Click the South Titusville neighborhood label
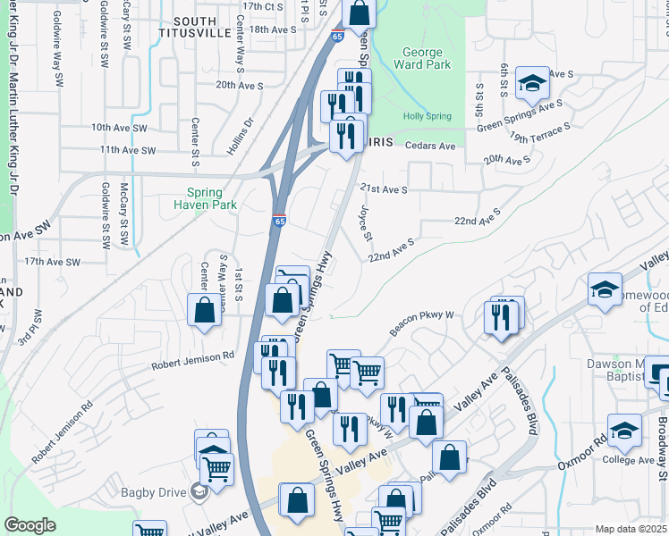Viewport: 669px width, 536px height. [x=195, y=27]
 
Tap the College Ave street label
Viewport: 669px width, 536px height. [x=631, y=460]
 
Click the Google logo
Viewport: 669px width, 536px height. [x=30, y=525]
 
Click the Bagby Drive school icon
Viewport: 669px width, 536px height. [x=200, y=491]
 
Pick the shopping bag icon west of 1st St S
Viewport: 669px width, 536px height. [x=204, y=310]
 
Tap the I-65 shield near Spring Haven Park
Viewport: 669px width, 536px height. [x=279, y=219]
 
